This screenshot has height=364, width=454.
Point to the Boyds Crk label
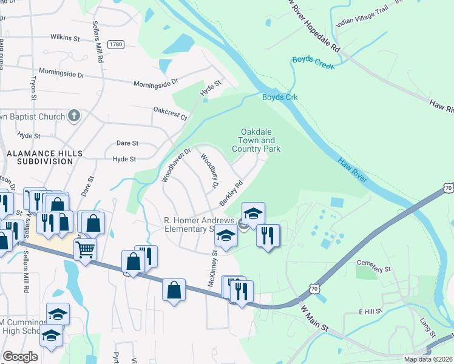[x=279, y=97]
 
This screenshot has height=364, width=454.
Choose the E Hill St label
[x=370, y=311]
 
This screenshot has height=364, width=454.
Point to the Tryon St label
[x=34, y=88]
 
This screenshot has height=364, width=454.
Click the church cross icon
[x=73, y=115]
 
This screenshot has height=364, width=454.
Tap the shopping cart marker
[x=85, y=248]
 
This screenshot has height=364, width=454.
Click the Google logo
[x=20, y=357]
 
